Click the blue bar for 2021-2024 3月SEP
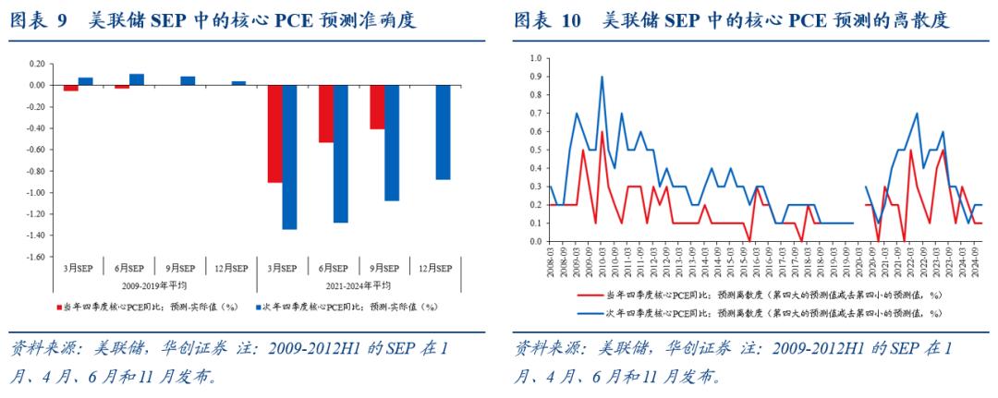(x=290, y=157)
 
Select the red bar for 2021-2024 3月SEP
(x=275, y=134)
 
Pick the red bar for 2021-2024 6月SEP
(x=326, y=114)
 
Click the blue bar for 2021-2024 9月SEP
(x=392, y=142)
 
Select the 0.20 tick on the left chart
(x=37, y=64)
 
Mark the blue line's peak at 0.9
(x=602, y=77)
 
